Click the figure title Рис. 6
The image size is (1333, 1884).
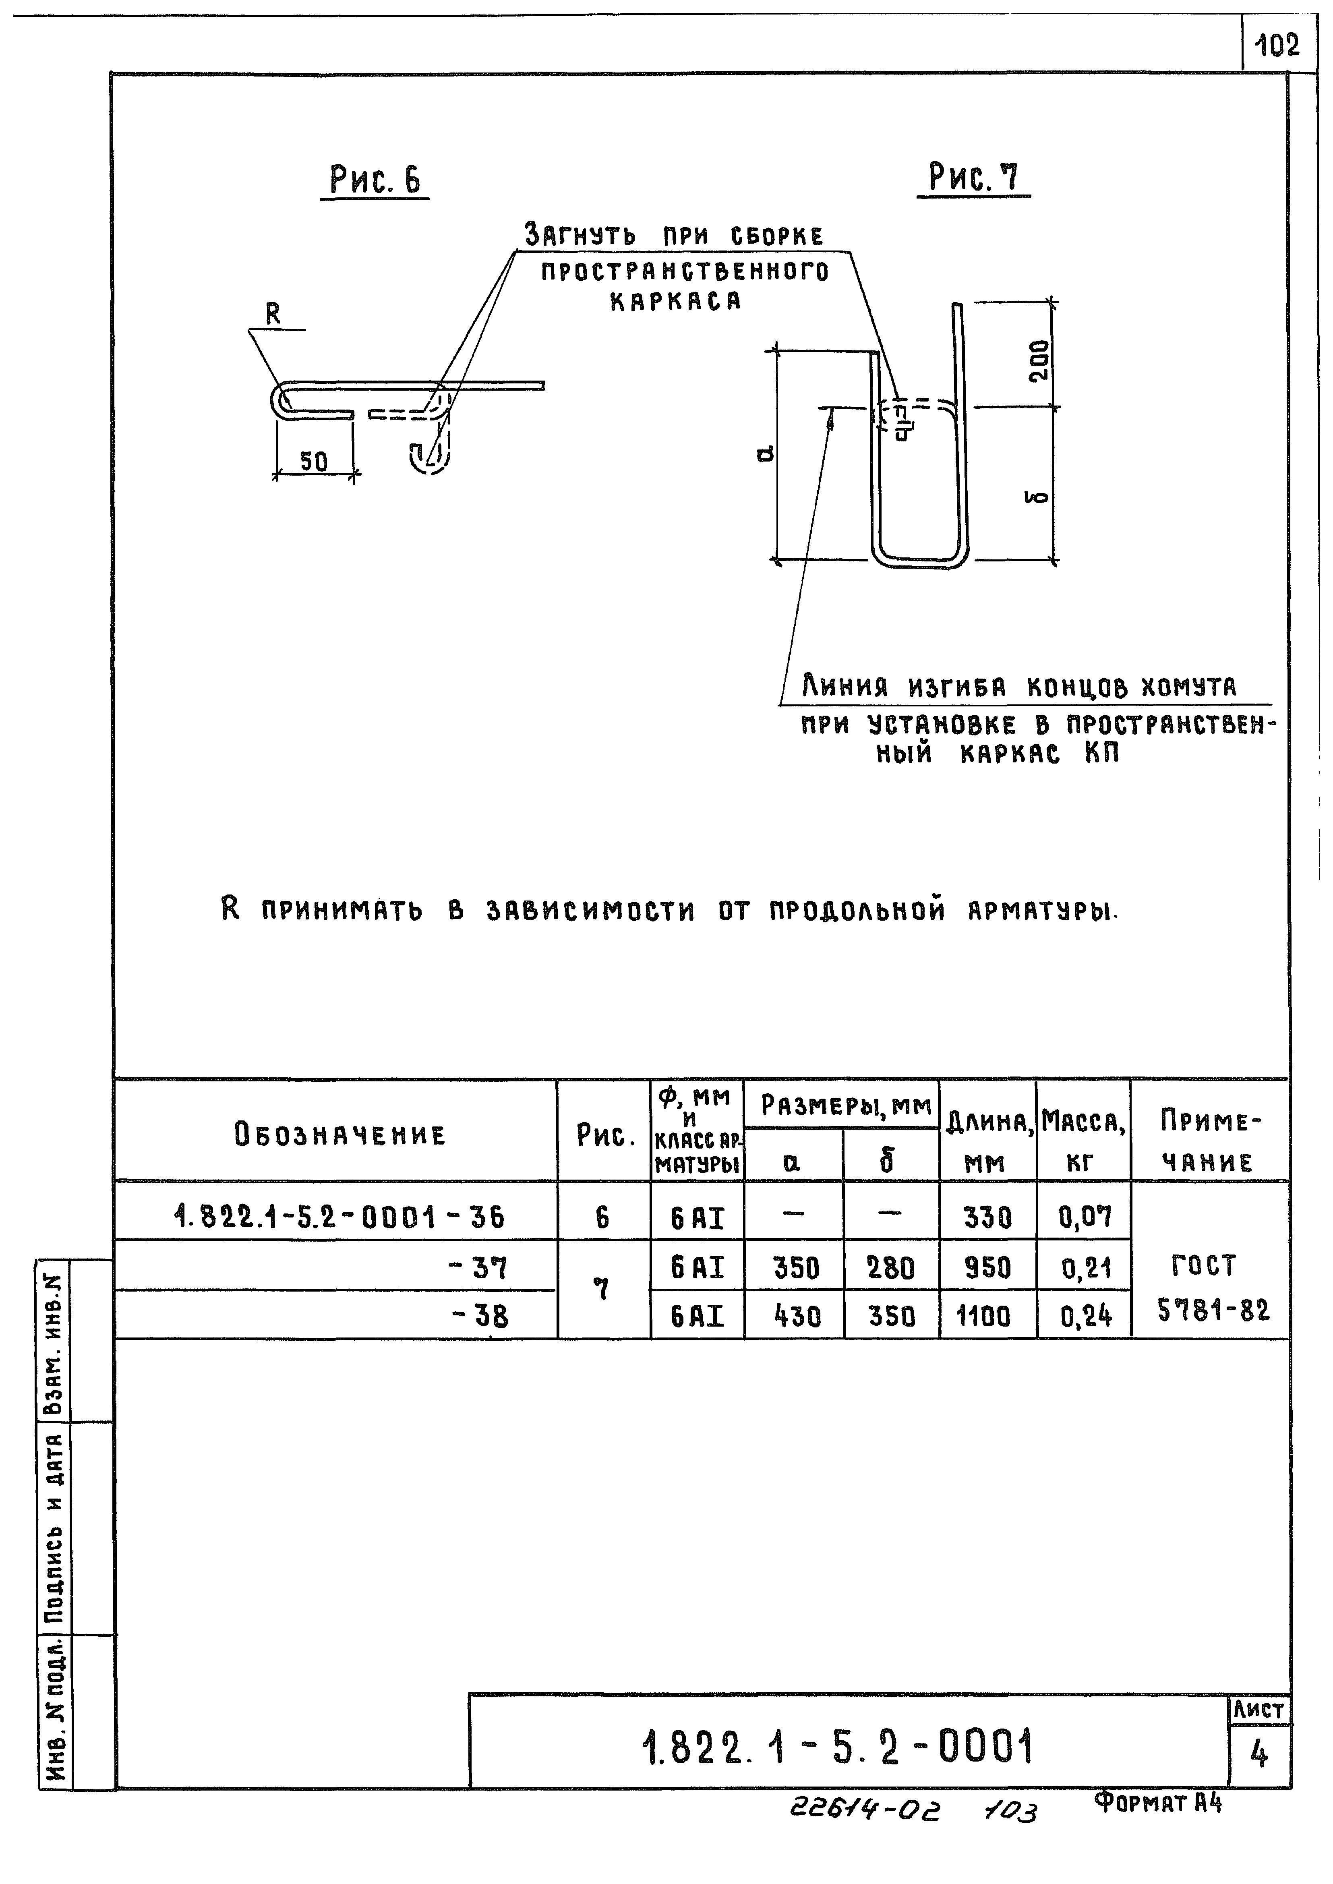[x=375, y=180]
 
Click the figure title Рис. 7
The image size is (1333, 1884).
[x=973, y=177]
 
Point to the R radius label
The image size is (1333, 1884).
[x=273, y=314]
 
